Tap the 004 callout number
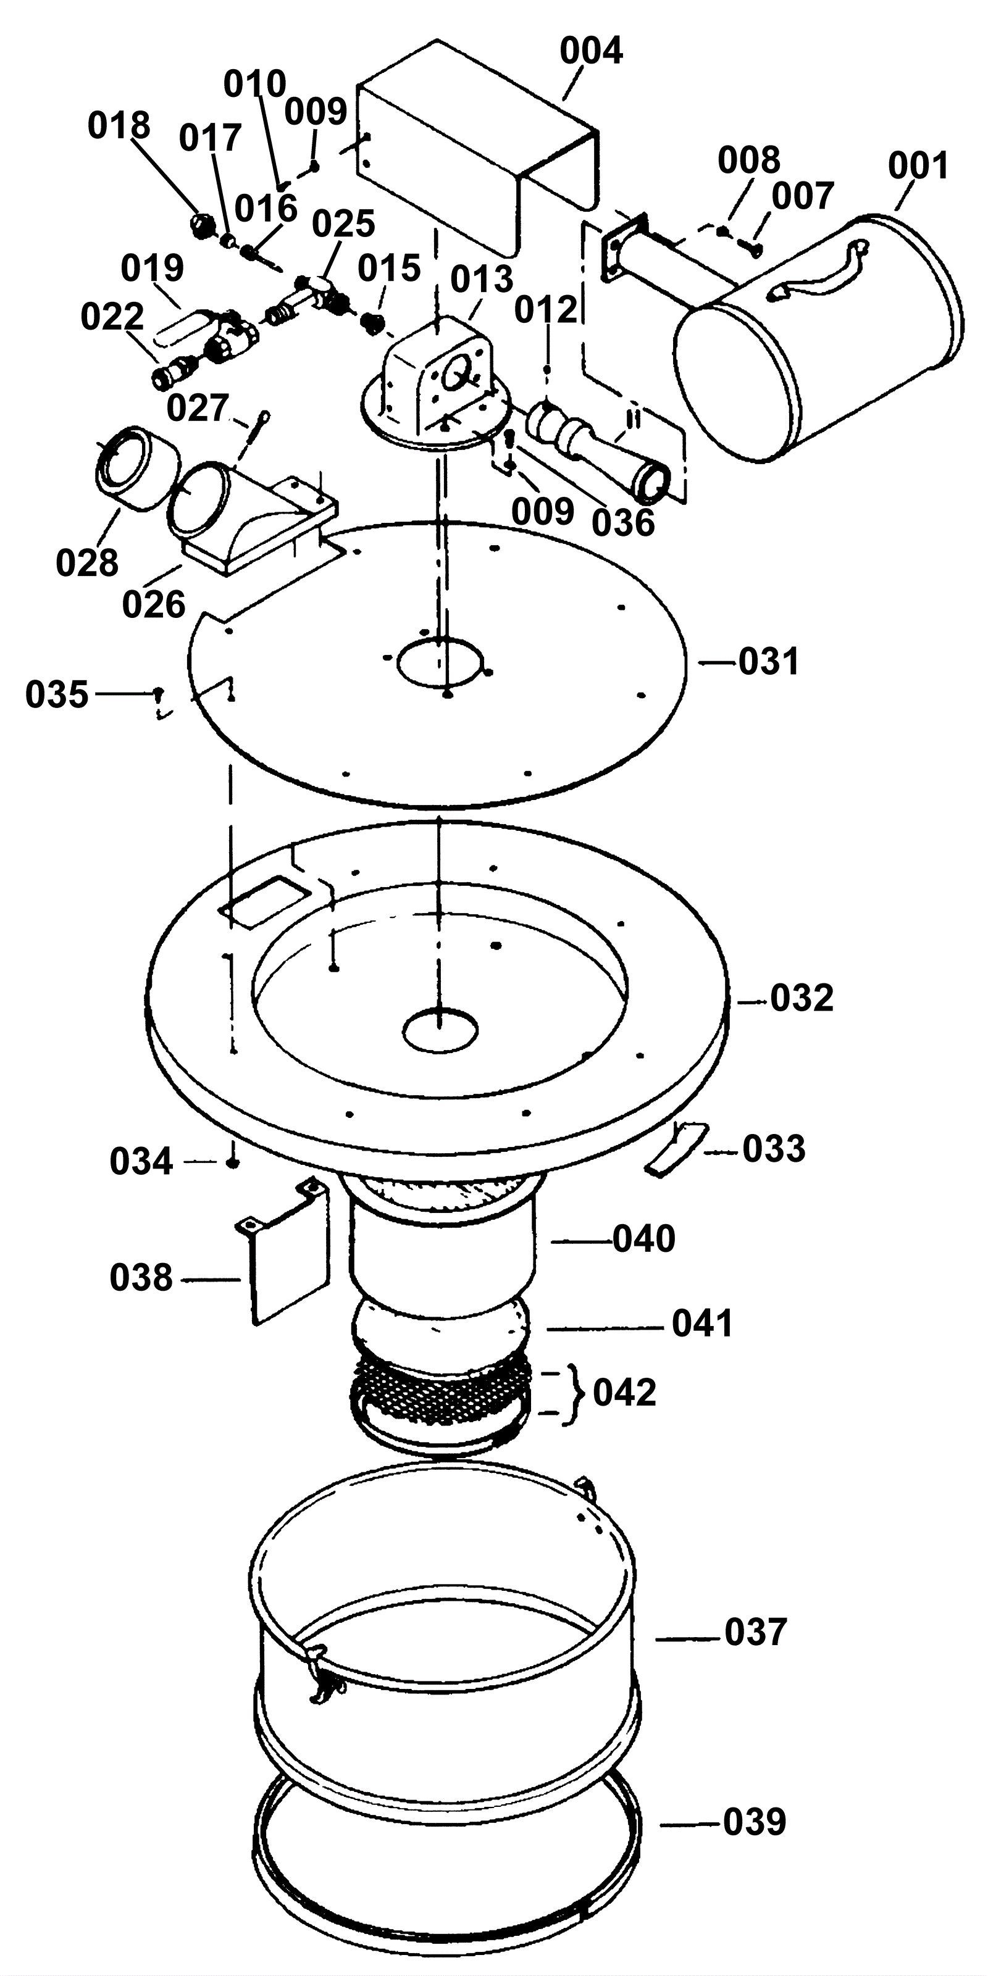pyautogui.click(x=591, y=51)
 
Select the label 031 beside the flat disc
pyautogui.click(x=769, y=661)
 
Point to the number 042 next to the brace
pyautogui.click(x=624, y=1393)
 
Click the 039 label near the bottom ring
pyautogui.click(x=755, y=1822)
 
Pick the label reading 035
pyautogui.click(x=57, y=695)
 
